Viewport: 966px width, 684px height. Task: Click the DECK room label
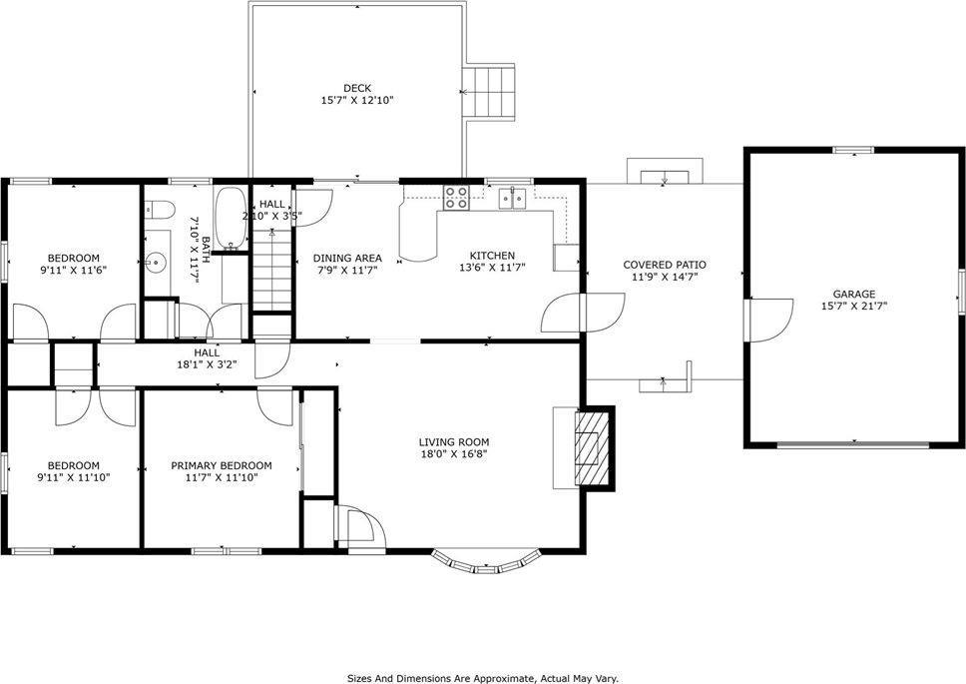[x=356, y=88]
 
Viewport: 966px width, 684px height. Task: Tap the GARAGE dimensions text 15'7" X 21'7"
[x=854, y=307]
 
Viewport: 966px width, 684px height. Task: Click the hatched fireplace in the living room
[x=592, y=447]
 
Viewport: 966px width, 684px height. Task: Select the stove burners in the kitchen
[x=457, y=198]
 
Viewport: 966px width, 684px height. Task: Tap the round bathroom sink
[x=155, y=263]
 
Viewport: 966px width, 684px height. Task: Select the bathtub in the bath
[x=231, y=218]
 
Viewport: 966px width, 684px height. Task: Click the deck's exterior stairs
[x=492, y=91]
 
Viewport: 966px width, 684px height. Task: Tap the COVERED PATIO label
[x=665, y=265]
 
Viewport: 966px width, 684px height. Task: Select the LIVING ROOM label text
[x=453, y=441]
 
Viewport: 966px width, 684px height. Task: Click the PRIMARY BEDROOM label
[x=221, y=465]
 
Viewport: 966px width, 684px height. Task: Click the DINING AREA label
[x=347, y=257]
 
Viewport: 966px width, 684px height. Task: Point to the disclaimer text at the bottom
[x=483, y=677]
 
